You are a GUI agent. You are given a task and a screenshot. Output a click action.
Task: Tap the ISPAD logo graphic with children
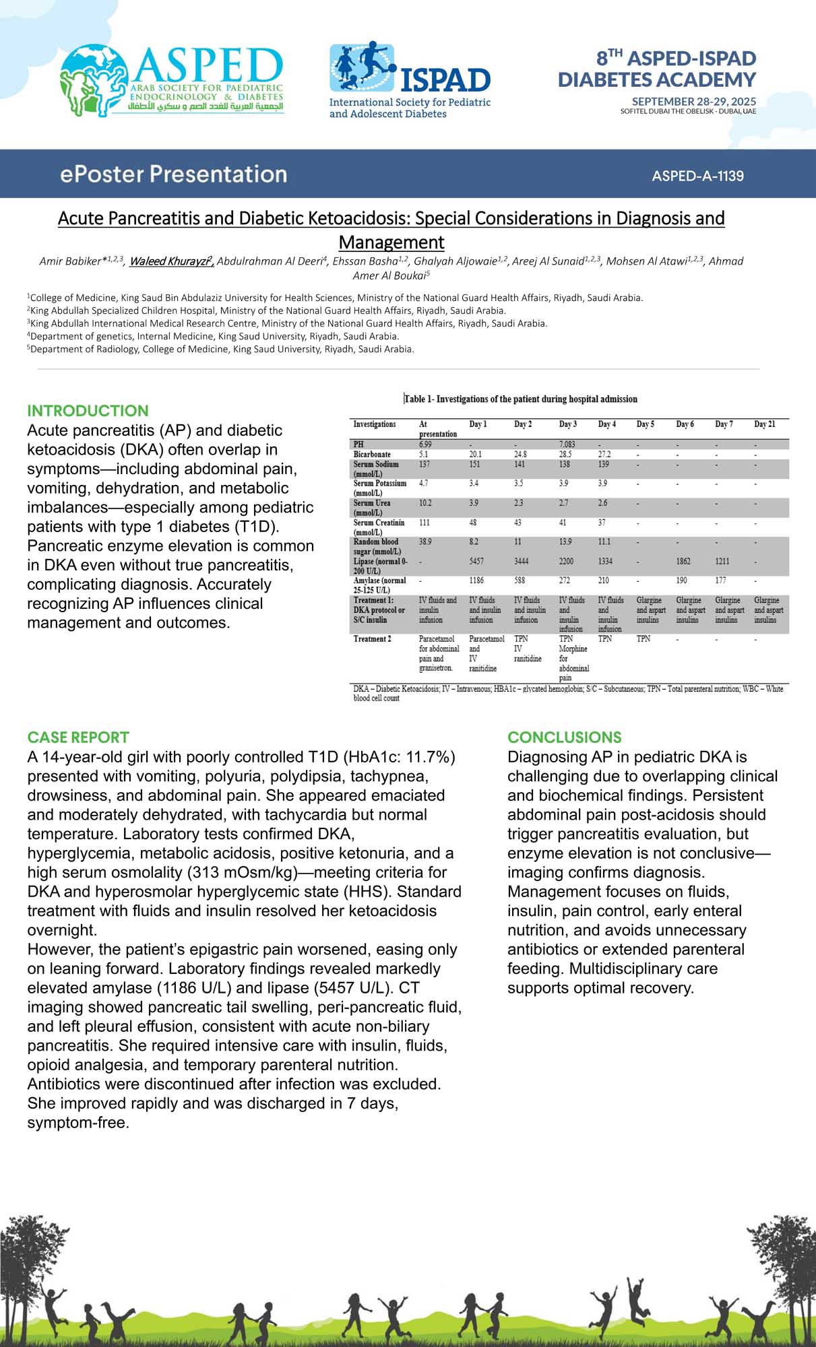click(x=363, y=67)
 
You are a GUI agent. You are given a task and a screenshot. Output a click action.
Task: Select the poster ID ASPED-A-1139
click(x=697, y=176)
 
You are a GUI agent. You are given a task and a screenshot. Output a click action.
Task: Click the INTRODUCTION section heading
click(x=88, y=411)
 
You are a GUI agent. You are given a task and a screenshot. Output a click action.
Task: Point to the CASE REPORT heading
click(x=78, y=737)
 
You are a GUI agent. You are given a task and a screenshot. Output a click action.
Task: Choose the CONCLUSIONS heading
click(x=564, y=737)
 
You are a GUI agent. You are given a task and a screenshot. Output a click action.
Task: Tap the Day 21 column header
click(x=764, y=424)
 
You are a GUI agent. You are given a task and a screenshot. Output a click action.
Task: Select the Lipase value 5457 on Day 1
click(x=476, y=561)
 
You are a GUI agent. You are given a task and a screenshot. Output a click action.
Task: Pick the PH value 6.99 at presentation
click(x=425, y=445)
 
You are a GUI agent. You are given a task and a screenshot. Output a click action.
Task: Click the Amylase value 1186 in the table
click(x=476, y=580)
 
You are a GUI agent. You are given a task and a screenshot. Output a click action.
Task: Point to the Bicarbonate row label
click(x=372, y=455)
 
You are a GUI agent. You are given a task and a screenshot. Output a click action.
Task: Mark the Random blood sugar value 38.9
click(x=425, y=541)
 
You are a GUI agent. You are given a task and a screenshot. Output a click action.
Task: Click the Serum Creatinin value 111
click(x=425, y=523)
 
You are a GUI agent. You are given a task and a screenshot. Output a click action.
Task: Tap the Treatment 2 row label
click(x=372, y=638)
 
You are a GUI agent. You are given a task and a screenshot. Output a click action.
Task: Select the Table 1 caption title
click(x=520, y=399)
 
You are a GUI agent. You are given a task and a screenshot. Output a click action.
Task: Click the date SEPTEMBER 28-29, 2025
click(x=693, y=101)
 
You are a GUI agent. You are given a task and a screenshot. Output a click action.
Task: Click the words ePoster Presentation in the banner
click(x=173, y=174)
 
